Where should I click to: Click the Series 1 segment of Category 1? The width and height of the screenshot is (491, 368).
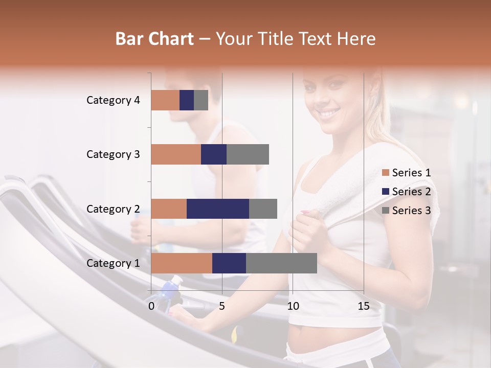coord(182,263)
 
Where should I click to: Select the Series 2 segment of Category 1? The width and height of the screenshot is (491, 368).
coord(229,263)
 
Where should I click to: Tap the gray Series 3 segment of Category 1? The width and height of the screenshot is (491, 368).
coord(281,263)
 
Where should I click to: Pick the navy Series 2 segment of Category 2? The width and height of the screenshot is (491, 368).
coord(218,209)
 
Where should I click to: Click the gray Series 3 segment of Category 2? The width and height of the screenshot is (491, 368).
coord(263,209)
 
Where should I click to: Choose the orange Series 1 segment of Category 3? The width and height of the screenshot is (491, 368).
coord(176,154)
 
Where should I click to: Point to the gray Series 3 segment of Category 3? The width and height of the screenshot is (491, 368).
coord(248,154)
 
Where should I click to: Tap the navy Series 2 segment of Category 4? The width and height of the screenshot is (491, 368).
coord(187,100)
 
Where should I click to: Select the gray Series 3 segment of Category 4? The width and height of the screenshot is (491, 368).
coord(201,100)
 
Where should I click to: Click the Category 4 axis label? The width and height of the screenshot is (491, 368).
coord(113,100)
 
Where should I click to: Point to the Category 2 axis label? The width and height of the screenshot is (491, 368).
coord(113,209)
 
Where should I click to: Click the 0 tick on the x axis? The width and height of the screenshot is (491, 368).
coord(151,306)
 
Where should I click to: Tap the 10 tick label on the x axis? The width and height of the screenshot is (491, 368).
coord(293,306)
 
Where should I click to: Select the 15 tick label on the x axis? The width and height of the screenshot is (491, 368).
coord(364,306)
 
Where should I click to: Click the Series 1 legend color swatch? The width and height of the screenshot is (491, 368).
coord(385,173)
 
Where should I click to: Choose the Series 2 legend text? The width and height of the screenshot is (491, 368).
coord(411,192)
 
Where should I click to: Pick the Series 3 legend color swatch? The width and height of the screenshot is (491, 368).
coord(385,211)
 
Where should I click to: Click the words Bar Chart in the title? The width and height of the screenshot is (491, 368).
coord(154,38)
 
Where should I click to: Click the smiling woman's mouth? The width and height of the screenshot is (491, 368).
coord(329,112)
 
